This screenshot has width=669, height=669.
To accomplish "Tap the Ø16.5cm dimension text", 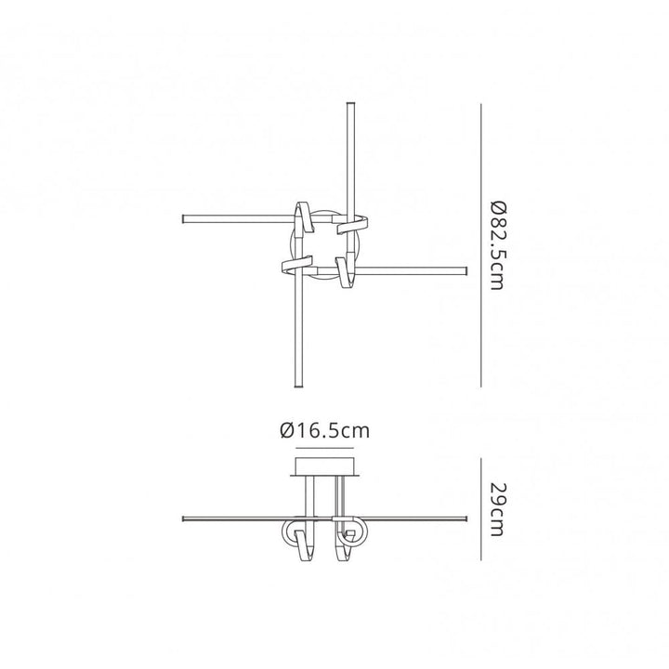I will [324, 430].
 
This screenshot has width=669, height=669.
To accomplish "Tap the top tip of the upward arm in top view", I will [348, 105].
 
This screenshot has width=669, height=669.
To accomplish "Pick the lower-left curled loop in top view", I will [295, 268].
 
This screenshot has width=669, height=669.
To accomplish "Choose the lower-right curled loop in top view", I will [348, 273].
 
